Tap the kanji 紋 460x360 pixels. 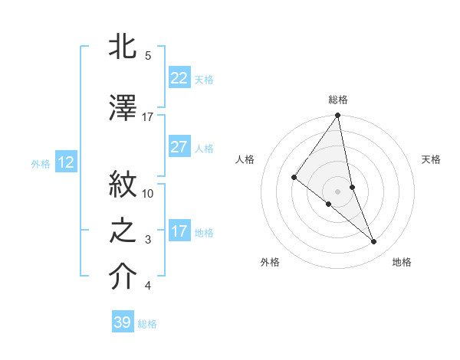(x=123, y=184)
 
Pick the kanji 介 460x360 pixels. (x=123, y=277)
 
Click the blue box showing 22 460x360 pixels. (x=179, y=78)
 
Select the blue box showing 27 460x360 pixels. (x=179, y=147)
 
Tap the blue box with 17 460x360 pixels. (x=179, y=231)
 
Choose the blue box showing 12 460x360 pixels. (x=65, y=162)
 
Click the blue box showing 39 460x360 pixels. (x=122, y=322)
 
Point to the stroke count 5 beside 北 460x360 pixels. (x=147, y=55)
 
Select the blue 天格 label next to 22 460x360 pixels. (x=204, y=79)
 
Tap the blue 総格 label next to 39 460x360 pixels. (x=147, y=324)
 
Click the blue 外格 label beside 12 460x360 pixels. (x=41, y=163)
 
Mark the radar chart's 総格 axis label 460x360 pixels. (x=337, y=100)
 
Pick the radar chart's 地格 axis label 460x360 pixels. (x=402, y=262)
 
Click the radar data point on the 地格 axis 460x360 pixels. (x=374, y=242)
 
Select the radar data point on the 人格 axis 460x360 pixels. (x=294, y=177)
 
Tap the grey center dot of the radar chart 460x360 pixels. (x=337, y=191)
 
